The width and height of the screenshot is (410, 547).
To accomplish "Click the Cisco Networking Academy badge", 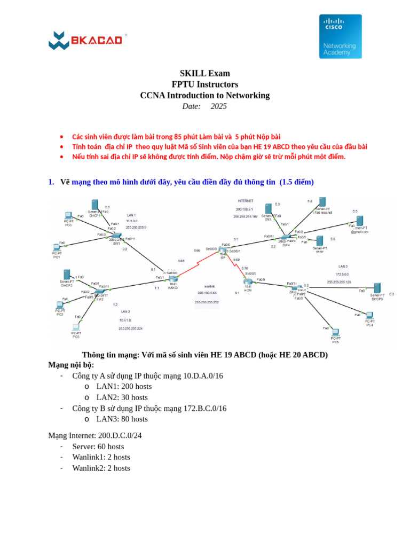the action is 340,36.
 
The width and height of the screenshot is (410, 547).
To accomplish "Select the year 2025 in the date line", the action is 218,106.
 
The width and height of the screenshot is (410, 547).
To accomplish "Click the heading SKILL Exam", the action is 204,73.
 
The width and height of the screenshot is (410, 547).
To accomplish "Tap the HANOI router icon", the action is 172,278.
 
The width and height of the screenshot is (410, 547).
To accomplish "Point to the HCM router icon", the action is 248,282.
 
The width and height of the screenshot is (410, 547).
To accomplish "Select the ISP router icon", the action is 223,249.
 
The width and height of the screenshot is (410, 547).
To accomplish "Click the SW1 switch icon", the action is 116,236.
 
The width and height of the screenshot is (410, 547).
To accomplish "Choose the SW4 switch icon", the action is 286,237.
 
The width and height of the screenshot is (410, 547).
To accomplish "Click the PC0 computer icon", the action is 68,216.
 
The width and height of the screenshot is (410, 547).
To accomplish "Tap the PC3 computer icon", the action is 76,327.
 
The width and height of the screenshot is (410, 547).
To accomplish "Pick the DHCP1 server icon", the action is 94,205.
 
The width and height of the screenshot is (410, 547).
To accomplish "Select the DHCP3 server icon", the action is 377,288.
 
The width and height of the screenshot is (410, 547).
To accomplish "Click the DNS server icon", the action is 268,209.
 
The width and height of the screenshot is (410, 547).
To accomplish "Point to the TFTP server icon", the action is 319,241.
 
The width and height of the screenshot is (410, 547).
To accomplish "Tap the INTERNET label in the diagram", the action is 245,200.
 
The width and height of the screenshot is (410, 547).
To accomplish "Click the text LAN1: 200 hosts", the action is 124,386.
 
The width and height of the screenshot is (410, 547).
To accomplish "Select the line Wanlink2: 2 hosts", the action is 101,468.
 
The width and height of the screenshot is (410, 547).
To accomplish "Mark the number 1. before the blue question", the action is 51,182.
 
